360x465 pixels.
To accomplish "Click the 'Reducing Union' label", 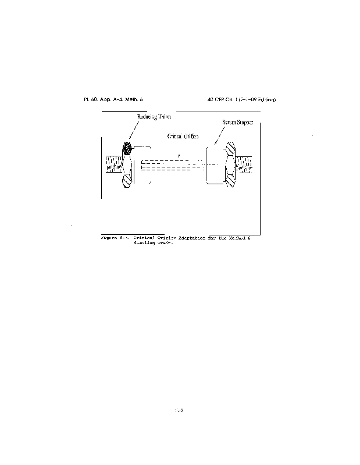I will point(154,117).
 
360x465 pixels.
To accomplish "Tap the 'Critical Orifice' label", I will point(183,136).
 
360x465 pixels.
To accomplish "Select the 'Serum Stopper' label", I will point(238,122).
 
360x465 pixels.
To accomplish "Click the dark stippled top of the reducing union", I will point(127,149).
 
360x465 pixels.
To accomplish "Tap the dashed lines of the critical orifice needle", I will point(172,166).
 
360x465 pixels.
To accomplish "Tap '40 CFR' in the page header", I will point(216,99).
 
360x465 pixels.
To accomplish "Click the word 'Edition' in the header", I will point(265,99).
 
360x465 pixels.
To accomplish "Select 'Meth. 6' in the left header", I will point(135,99).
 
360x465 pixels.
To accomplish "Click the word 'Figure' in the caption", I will point(109,238).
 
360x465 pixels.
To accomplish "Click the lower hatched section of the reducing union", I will point(127,180).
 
